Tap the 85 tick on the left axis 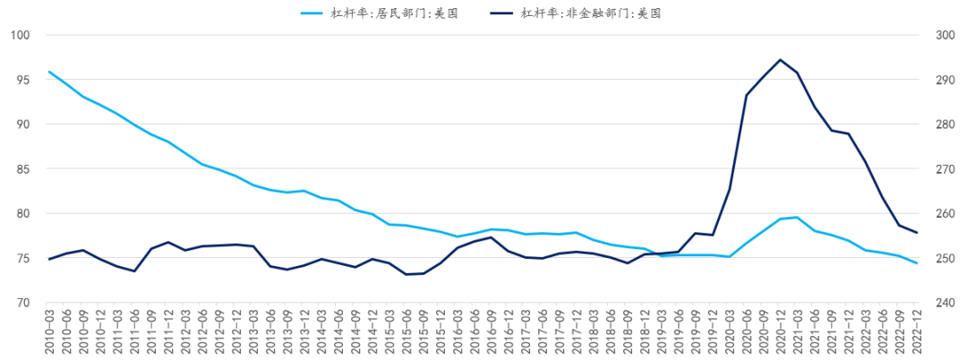click(x=23, y=169)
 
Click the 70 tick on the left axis click(x=23, y=303)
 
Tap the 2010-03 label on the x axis click(x=50, y=331)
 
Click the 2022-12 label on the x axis click(x=918, y=331)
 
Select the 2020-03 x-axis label click(x=731, y=331)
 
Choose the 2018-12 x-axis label click(x=646, y=331)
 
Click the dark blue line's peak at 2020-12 click(x=781, y=60)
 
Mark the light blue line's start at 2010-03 click(x=49, y=72)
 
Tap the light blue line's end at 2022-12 click(x=917, y=263)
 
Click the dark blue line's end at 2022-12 click(x=917, y=233)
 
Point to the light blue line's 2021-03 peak click(x=798, y=218)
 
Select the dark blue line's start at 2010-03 click(x=49, y=259)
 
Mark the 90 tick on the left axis click(x=23, y=124)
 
